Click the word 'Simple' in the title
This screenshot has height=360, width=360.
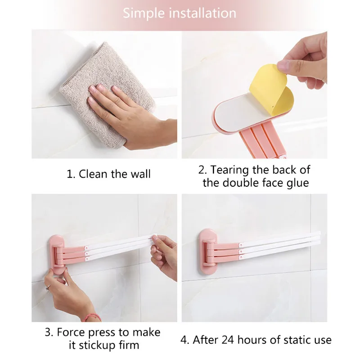(144, 13)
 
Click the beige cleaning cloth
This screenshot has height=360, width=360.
(106, 94)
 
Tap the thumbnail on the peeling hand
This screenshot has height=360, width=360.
(283, 66)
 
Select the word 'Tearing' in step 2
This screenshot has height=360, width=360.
(229, 171)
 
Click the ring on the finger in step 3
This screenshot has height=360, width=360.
(48, 287)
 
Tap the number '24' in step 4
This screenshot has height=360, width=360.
(228, 340)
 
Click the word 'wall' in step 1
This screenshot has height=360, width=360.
(141, 174)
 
